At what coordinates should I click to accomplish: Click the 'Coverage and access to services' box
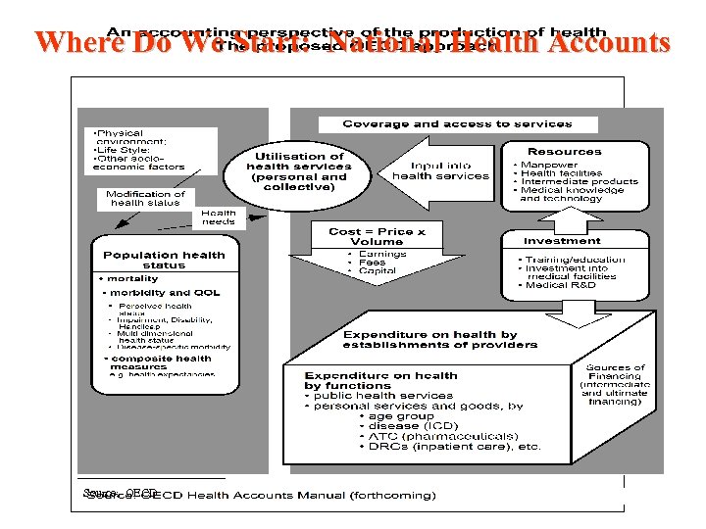click(x=457, y=124)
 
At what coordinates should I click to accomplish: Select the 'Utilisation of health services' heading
click(x=298, y=171)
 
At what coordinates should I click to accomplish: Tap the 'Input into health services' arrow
click(x=440, y=171)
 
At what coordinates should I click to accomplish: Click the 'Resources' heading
click(x=564, y=152)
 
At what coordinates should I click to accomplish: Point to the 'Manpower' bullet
click(x=550, y=165)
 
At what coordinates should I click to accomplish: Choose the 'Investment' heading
click(x=562, y=240)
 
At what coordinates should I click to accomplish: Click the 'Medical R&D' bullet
click(x=560, y=285)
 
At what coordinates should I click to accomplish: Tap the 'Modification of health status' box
click(x=145, y=198)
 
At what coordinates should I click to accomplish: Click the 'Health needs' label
click(x=218, y=217)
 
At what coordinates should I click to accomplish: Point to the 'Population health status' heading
click(x=164, y=260)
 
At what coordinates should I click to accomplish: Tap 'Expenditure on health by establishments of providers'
click(x=440, y=339)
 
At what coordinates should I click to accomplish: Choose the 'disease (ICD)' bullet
click(x=413, y=426)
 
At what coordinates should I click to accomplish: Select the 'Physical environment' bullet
click(x=118, y=137)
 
